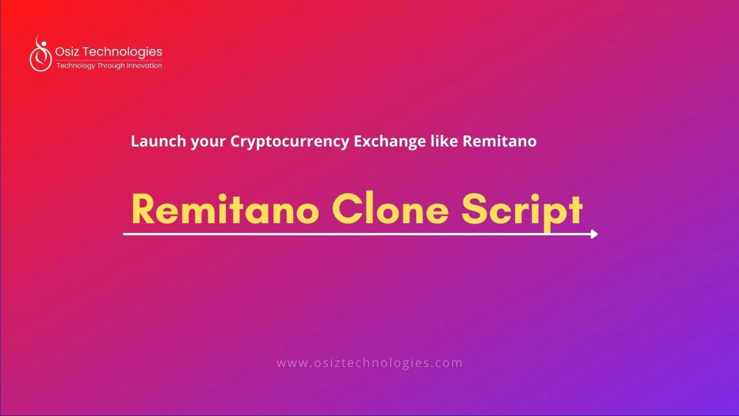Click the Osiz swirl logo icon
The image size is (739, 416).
click(41, 54)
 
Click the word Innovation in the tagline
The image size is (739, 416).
click(144, 65)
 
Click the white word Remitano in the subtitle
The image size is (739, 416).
click(500, 141)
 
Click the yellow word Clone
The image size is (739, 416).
click(390, 208)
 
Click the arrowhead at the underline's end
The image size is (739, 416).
click(594, 234)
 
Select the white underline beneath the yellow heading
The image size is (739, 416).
click(360, 234)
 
